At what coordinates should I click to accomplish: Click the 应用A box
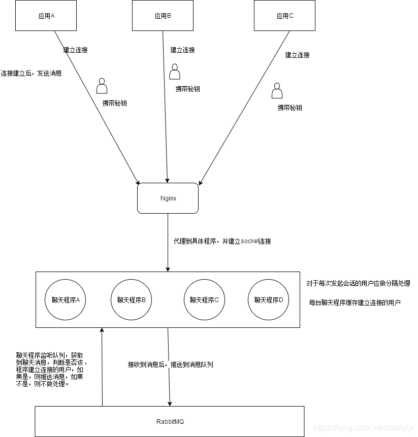(x=46, y=15)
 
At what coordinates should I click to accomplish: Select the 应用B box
(x=163, y=15)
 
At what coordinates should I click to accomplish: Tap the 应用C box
(x=284, y=15)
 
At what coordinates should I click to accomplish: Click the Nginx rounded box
(x=168, y=198)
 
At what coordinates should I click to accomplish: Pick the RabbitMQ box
(x=170, y=421)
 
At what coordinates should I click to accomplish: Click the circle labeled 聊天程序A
(x=66, y=299)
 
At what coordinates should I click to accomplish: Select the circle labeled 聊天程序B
(x=131, y=299)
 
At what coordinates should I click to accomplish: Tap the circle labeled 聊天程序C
(x=204, y=299)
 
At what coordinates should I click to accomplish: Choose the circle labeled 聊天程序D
(x=268, y=299)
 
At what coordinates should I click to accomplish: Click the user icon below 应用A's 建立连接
(x=102, y=86)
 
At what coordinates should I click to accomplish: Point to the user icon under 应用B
(x=175, y=72)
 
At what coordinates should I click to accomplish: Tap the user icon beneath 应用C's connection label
(x=277, y=91)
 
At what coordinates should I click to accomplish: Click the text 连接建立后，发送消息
(x=31, y=73)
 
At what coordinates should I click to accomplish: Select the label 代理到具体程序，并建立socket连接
(x=222, y=241)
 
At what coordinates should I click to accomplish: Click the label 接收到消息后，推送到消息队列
(x=170, y=364)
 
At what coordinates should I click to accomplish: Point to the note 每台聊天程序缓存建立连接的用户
(x=355, y=302)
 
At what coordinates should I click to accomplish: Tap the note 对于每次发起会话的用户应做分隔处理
(x=358, y=283)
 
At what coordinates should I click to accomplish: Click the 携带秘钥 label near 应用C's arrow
(x=290, y=108)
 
